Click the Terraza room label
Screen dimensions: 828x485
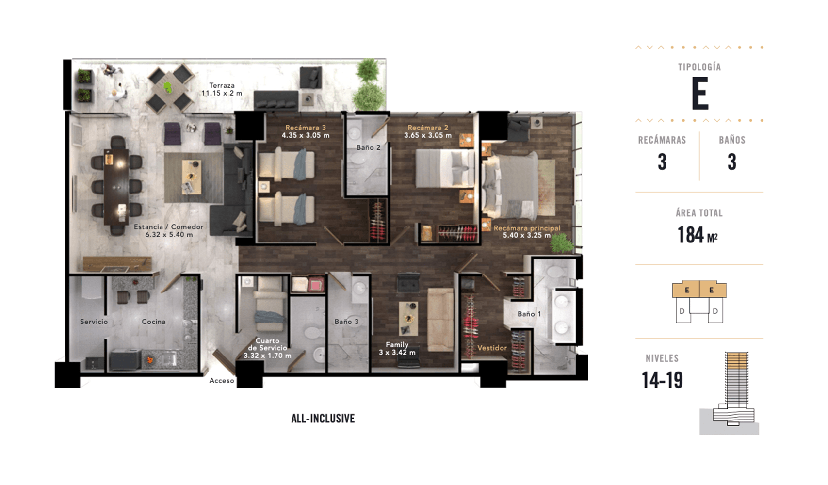222,85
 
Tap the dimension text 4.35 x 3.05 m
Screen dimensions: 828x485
305,135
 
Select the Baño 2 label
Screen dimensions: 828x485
368,147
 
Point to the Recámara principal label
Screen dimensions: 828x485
527,228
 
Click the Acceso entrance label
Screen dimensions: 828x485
221,380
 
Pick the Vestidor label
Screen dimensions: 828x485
492,348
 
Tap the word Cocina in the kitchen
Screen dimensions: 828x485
153,322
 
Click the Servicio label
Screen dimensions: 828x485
94,322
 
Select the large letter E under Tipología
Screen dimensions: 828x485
700,93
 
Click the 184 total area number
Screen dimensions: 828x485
690,235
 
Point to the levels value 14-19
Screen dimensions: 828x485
662,380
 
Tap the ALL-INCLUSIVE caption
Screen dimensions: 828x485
323,419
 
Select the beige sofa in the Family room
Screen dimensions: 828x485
440,320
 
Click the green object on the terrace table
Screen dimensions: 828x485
168,87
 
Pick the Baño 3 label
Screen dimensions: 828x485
346,322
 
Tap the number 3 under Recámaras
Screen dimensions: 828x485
662,162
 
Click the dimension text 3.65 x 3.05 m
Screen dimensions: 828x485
428,135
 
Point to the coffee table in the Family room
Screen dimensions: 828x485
408,318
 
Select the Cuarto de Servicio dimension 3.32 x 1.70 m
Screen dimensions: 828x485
267,356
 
